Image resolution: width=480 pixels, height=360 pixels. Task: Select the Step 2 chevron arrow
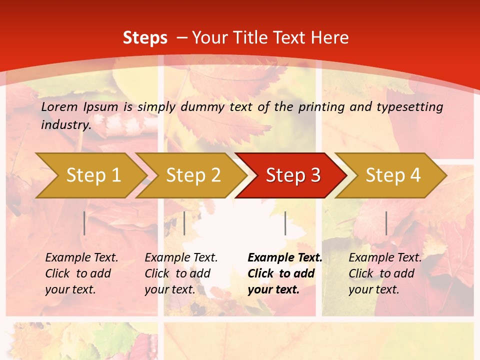(193, 175)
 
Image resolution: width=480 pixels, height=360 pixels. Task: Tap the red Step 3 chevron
(293, 175)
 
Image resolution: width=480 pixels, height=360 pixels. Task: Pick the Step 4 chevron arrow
(393, 175)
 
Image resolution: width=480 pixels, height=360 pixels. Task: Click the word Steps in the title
(145, 38)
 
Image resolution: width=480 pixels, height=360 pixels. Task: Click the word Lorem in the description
(58, 106)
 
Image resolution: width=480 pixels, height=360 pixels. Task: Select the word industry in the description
(65, 124)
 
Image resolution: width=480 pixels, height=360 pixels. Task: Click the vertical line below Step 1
(84, 223)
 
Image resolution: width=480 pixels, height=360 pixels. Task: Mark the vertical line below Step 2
(184, 223)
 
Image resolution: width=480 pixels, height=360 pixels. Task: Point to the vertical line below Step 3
(285, 223)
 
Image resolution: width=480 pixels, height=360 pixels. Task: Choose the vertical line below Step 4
(386, 223)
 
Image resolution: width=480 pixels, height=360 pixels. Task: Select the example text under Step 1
(81, 273)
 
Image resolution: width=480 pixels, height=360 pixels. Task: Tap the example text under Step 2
(181, 273)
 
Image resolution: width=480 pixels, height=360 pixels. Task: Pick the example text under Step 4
(385, 273)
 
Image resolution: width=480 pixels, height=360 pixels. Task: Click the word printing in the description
(321, 106)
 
